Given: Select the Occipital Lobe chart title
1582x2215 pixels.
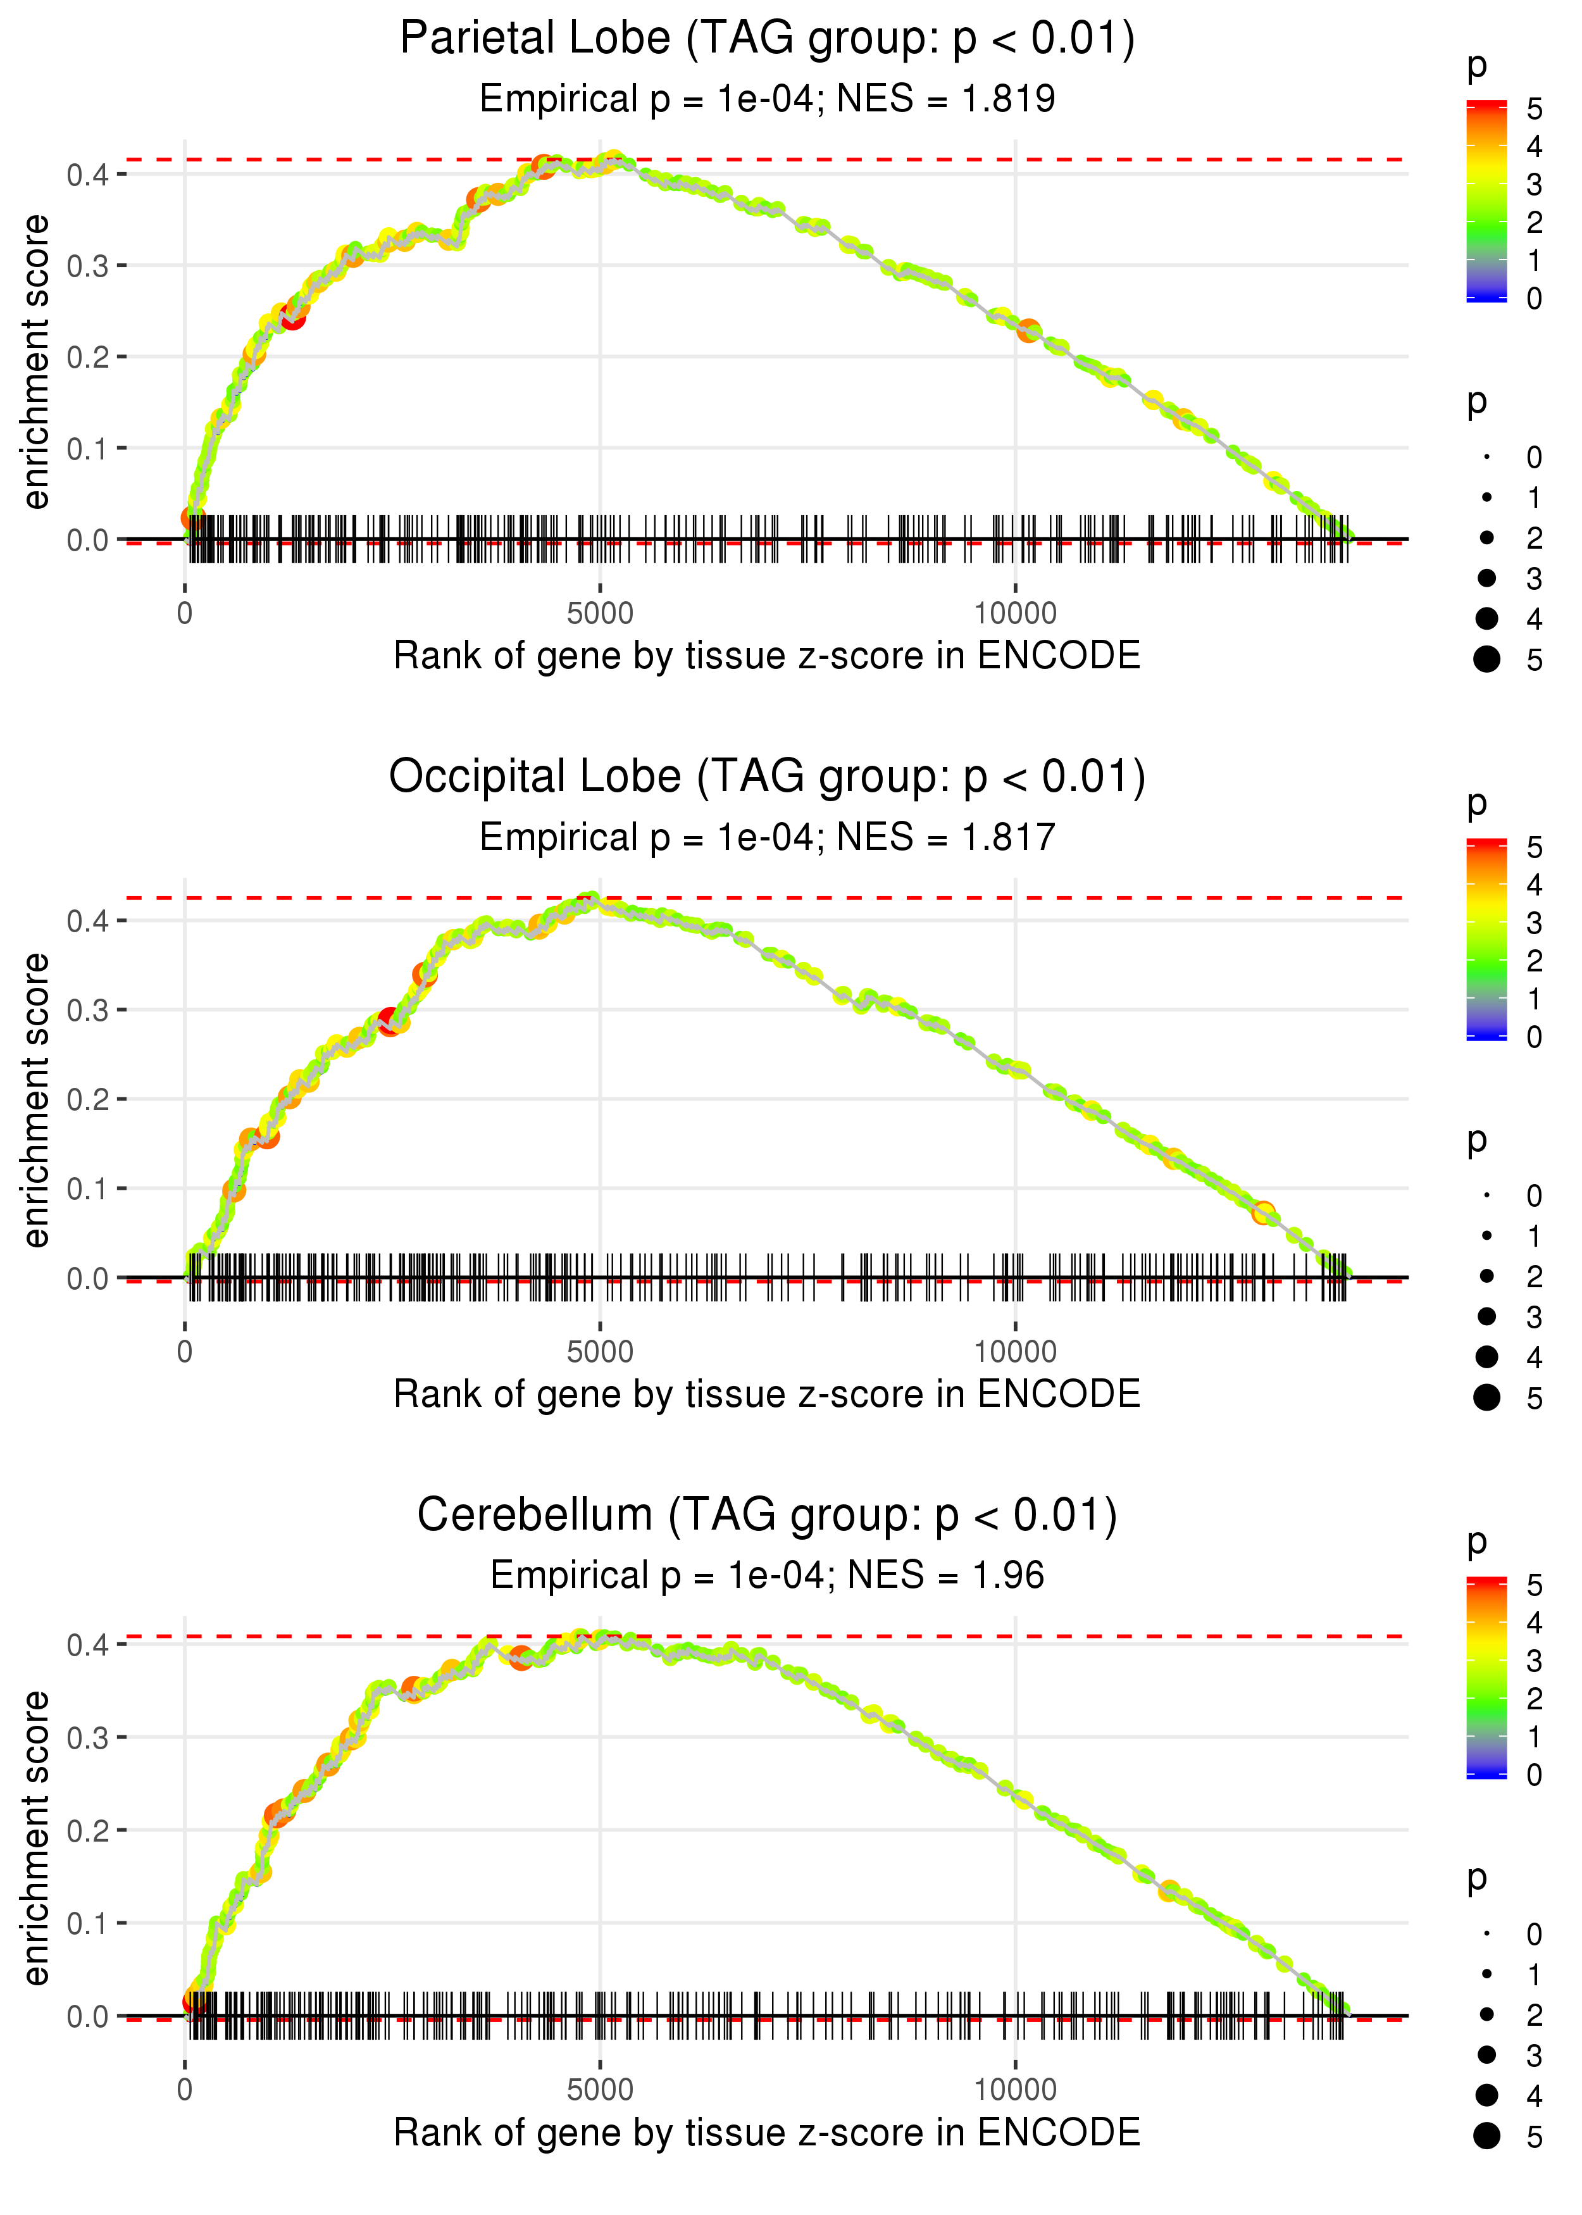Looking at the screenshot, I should pos(767,777).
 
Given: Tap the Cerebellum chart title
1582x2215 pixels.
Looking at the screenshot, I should pos(767,1516).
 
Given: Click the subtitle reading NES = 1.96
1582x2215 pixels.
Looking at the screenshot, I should pos(767,1575).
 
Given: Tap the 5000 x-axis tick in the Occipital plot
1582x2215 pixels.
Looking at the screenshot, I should pos(600,1352).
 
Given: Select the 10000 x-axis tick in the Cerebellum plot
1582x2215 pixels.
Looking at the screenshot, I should pos(1015,2090).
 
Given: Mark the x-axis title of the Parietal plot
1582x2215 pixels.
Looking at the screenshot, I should pos(767,656).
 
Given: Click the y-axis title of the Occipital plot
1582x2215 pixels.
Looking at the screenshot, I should pos(36,1100).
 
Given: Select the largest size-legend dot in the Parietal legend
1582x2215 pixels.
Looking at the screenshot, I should pos(1486,659).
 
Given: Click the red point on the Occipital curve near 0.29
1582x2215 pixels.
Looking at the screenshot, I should pos(390,1021).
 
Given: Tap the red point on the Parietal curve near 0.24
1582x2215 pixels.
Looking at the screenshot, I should pos(292,316).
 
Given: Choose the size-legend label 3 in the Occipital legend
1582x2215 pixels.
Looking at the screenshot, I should pos(1535,1317).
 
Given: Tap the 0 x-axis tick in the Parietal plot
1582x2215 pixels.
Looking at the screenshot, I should pos(185,614).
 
